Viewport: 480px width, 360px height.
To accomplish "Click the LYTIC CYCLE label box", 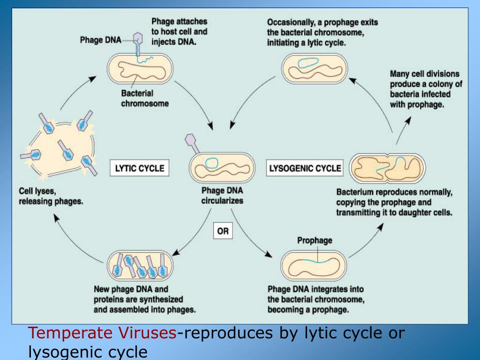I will click(139, 169).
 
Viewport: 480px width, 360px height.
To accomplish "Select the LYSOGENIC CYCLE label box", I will click(305, 169).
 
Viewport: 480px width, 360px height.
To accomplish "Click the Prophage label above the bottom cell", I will click(315, 240).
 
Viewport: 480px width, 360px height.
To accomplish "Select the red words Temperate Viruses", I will click(103, 334).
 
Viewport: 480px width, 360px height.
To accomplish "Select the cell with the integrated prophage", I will click(315, 267).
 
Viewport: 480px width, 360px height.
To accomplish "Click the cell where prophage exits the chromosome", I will click(315, 67).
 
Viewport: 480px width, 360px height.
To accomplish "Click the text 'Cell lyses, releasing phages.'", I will click(51, 197).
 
